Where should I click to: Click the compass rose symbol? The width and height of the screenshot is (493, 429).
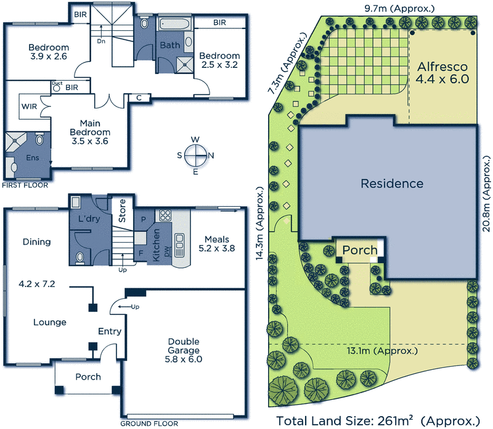click(195, 155)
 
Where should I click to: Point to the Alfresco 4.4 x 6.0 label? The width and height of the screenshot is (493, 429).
click(442, 73)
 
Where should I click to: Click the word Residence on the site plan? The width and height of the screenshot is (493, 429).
click(392, 183)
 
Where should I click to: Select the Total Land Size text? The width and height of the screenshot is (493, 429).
click(377, 420)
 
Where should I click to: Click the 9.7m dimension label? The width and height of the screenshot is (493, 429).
click(399, 8)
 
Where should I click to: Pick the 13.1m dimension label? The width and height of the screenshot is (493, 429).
click(382, 350)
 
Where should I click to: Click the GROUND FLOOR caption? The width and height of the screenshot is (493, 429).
click(149, 424)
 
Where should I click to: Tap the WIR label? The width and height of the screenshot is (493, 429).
click(29, 106)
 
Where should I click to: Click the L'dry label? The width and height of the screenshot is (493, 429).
click(89, 219)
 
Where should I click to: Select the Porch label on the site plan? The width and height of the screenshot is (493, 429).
click(359, 251)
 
